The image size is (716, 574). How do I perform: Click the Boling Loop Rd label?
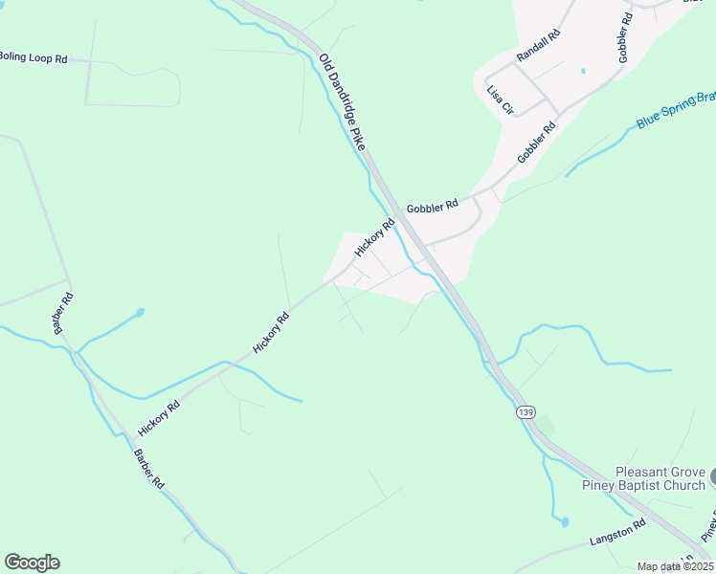click(33, 58)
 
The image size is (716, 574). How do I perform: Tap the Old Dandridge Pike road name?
click(342, 100)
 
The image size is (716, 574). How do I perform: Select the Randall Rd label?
click(538, 46)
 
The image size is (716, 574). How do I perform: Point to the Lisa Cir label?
click(501, 99)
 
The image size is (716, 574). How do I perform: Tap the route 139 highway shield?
click(524, 411)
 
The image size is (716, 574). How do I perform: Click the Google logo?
click(32, 563)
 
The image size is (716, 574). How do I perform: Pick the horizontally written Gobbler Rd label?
click(432, 205)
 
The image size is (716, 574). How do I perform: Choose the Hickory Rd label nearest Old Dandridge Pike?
click(374, 238)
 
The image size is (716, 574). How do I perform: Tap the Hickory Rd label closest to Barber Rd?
click(159, 418)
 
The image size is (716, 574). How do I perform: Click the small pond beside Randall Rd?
click(583, 71)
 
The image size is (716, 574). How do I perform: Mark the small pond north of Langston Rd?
click(565, 522)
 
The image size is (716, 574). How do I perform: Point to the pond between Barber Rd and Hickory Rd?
click(140, 312)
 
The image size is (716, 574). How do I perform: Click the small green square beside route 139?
click(545, 424)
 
